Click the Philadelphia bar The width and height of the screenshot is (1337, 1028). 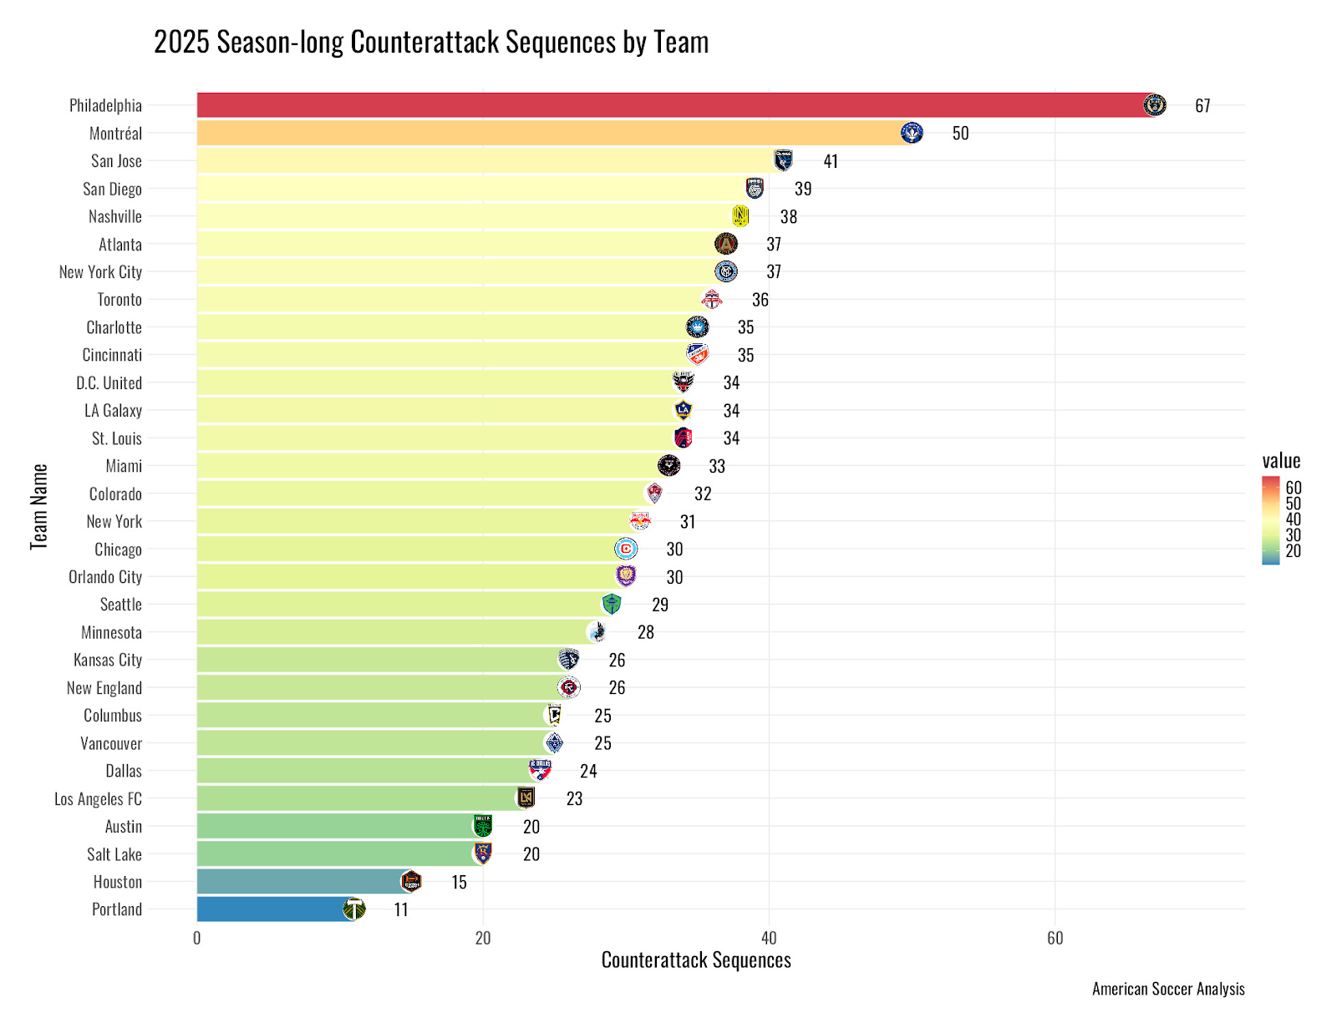[x=668, y=105]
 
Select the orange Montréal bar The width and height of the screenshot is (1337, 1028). [x=552, y=133]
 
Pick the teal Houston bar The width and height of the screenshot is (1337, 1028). [x=301, y=881]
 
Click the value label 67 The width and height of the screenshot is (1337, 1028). [x=1202, y=105]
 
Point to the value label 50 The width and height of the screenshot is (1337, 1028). [x=960, y=133]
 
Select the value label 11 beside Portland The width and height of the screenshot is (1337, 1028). [x=401, y=909]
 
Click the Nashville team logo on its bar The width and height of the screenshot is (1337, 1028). [x=740, y=216]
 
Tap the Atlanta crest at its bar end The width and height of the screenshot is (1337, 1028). [x=726, y=244]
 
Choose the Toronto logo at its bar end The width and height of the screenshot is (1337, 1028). [x=711, y=299]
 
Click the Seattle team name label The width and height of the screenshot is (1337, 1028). [x=121, y=605]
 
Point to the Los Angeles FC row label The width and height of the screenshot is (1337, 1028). [x=98, y=799]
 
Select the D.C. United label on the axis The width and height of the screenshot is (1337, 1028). [x=109, y=382]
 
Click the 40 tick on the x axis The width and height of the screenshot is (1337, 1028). [x=769, y=938]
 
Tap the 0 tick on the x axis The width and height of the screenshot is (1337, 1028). [x=197, y=938]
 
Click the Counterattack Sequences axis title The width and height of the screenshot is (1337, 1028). [x=696, y=960]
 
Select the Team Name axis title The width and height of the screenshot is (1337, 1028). [x=39, y=507]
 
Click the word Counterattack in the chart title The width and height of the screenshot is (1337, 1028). [x=425, y=42]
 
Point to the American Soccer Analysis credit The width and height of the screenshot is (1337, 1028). [x=1168, y=989]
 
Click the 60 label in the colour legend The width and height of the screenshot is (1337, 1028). [x=1294, y=488]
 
